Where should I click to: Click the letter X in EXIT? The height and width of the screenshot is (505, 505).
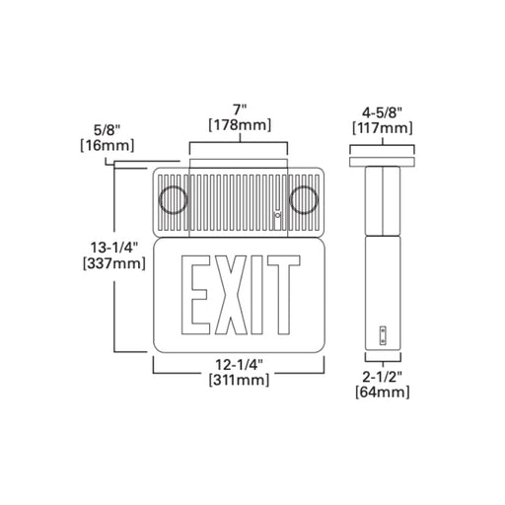231,295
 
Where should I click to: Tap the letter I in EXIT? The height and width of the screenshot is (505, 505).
256,295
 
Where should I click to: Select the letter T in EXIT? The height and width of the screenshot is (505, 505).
283,295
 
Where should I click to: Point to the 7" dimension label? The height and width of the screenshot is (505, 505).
240,108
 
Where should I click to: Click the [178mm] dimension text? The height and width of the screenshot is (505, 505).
240,125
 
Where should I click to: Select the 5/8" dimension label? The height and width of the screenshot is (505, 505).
107,130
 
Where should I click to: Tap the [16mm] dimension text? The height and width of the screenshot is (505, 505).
108,145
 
